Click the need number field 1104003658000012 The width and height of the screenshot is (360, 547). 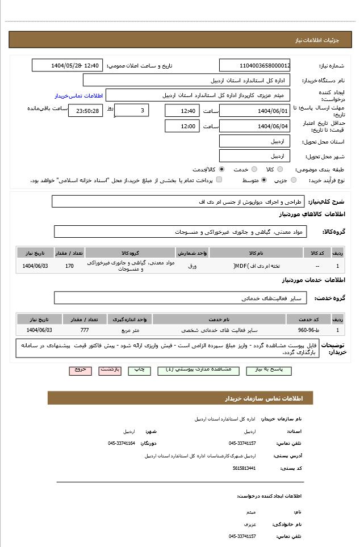pos(254,65)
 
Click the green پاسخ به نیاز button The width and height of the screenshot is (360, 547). pos(269,370)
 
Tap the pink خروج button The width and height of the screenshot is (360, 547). pos(81,370)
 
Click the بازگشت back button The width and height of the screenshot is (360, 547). pos(110,370)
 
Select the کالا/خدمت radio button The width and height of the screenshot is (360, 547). pos(221,169)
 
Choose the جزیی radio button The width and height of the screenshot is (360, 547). pos(294,180)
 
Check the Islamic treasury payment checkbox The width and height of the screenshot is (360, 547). pos(219,180)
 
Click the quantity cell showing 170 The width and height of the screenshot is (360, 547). pos(69,266)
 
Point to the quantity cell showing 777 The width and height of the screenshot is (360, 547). pos(85,330)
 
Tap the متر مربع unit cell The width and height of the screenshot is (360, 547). pos(130,330)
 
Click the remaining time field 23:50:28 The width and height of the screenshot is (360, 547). pos(86,111)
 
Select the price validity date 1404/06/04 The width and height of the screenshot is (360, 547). pos(254,126)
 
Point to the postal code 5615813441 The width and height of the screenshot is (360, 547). pos(244,468)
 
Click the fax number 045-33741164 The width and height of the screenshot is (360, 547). pos(122,443)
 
